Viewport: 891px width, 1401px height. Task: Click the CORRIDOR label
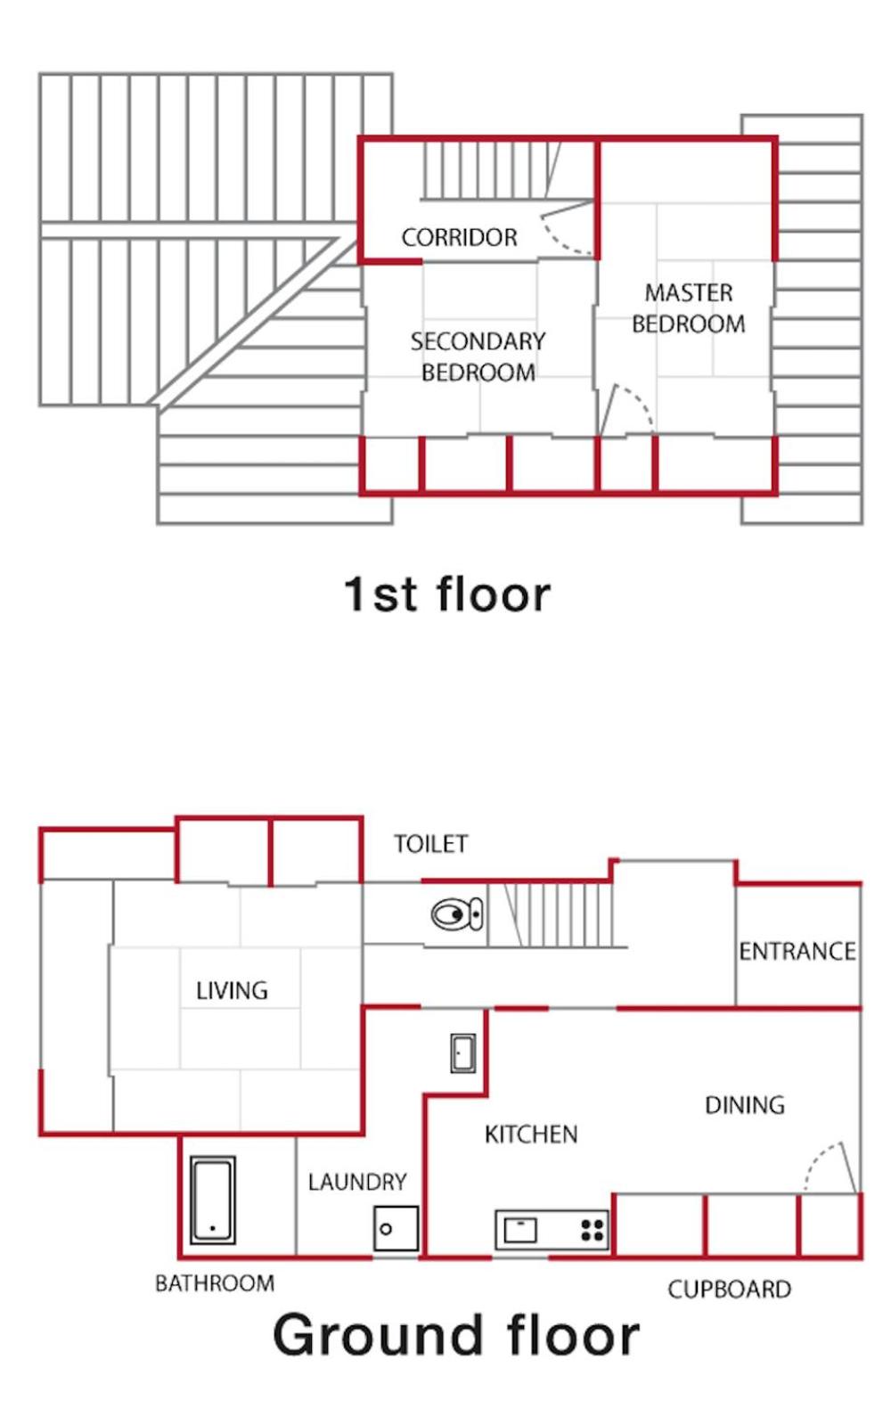460,238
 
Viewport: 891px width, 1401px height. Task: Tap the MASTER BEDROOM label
689,308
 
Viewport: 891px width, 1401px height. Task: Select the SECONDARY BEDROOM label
478,356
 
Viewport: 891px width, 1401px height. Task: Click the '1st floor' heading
447,594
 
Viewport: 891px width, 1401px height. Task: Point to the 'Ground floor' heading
456,1335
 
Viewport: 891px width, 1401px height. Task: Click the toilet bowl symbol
457,915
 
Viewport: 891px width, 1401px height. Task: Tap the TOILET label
431,844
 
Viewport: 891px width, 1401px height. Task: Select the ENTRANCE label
797,951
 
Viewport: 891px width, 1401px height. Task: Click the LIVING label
232,991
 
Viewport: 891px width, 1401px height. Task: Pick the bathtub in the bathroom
213,1200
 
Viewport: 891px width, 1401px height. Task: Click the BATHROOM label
215,1283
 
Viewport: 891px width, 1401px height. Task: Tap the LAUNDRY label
357,1182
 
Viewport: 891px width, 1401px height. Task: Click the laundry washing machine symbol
396,1228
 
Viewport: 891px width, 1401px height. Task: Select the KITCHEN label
531,1135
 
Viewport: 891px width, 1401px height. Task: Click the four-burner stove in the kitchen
593,1230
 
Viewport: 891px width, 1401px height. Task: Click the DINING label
745,1105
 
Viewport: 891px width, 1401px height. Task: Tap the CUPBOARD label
730,1290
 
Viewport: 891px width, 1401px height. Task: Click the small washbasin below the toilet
463,1054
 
